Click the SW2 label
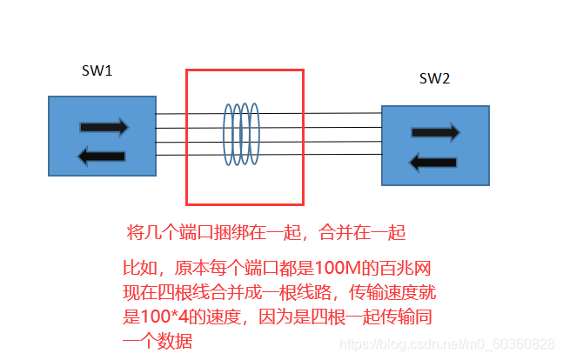click(x=434, y=79)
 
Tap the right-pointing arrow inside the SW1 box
click(x=104, y=127)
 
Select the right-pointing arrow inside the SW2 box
click(x=434, y=133)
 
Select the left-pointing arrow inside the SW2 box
click(x=433, y=162)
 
